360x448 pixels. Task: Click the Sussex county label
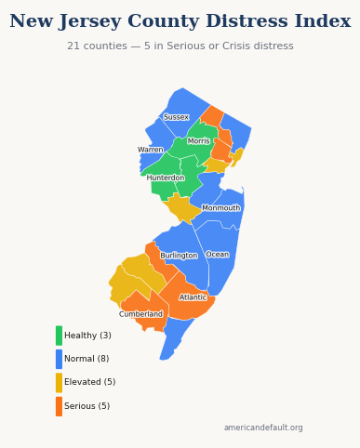pyautogui.click(x=176, y=117)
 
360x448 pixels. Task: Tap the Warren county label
pyautogui.click(x=151, y=150)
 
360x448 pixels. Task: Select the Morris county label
pyautogui.click(x=199, y=141)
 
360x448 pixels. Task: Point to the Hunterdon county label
pyautogui.click(x=166, y=178)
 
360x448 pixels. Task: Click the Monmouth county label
pyautogui.click(x=221, y=208)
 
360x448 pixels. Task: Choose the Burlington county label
pyautogui.click(x=179, y=256)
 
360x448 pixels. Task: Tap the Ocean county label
pyautogui.click(x=218, y=255)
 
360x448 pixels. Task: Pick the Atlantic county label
pyautogui.click(x=193, y=297)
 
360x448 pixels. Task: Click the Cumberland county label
pyautogui.click(x=140, y=314)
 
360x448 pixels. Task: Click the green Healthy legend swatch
pyautogui.click(x=59, y=336)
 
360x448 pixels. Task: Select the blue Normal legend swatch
pyautogui.click(x=59, y=359)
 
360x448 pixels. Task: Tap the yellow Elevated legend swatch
pyautogui.click(x=59, y=382)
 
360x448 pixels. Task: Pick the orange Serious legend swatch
pyautogui.click(x=59, y=406)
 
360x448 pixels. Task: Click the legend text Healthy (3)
pyautogui.click(x=87, y=336)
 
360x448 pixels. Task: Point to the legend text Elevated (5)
pyautogui.click(x=90, y=382)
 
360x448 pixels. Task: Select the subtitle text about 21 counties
pyautogui.click(x=180, y=46)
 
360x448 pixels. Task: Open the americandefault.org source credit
pyautogui.click(x=263, y=428)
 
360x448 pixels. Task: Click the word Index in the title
pyautogui.click(x=325, y=21)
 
